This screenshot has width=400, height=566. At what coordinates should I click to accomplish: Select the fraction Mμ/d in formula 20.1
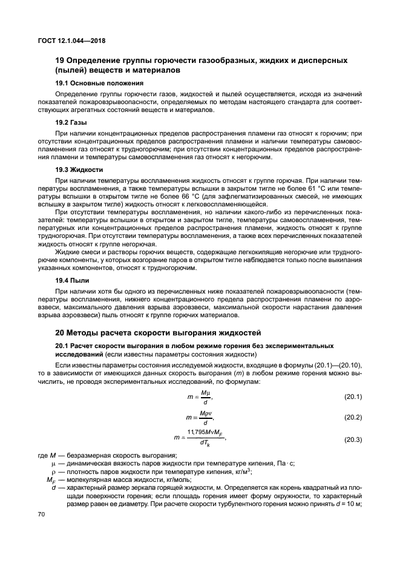(206, 397)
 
